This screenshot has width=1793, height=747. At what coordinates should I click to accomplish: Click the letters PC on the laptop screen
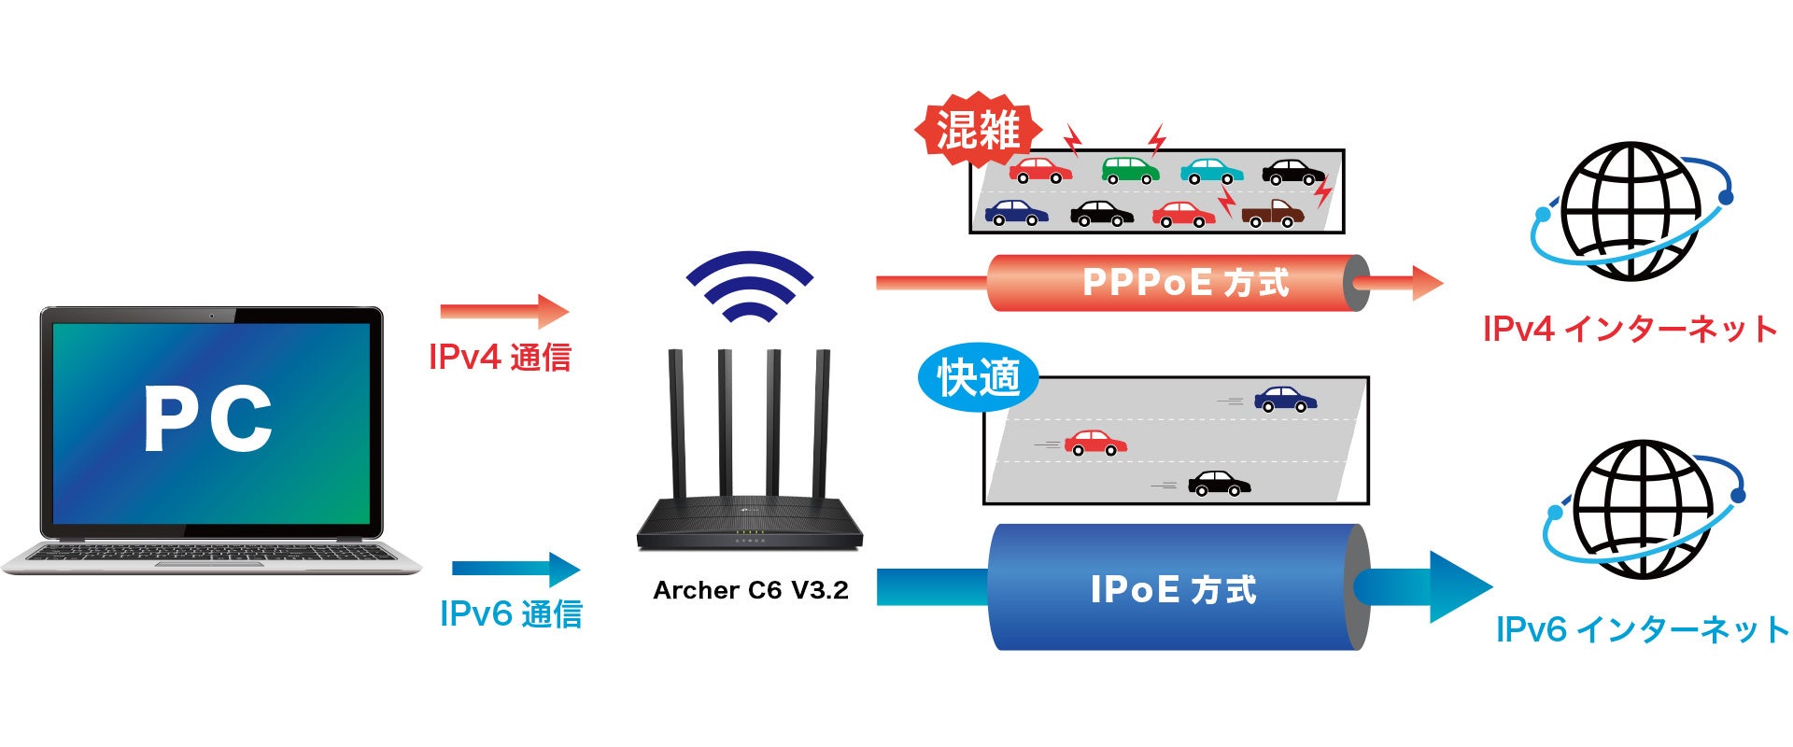tap(207, 419)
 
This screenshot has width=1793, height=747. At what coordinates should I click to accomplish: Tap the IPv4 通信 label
tap(500, 357)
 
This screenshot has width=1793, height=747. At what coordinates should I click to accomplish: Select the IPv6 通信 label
tap(511, 613)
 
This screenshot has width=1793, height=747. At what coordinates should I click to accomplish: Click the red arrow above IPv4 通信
tap(504, 311)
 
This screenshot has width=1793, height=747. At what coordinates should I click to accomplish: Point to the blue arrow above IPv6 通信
tap(515, 569)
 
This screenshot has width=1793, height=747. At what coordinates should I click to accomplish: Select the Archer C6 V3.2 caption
tap(751, 590)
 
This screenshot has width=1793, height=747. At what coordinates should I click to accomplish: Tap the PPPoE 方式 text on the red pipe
tap(1185, 282)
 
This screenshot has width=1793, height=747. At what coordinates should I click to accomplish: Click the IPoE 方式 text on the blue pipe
tap(1174, 589)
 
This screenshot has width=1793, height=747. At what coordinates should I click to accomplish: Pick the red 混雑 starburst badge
tap(978, 130)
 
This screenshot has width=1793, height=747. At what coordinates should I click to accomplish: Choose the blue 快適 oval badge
tap(978, 378)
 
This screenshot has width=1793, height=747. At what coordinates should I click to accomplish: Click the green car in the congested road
tap(1130, 170)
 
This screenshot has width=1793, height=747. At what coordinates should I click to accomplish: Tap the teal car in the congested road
tap(1211, 171)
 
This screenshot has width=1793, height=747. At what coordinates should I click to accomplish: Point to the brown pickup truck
tap(1272, 214)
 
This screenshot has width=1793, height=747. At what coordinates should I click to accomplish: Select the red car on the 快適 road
tap(1095, 442)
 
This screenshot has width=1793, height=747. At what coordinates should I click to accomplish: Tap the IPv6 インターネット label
tap(1642, 629)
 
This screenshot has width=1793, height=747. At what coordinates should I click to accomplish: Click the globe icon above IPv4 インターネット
tap(1631, 211)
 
